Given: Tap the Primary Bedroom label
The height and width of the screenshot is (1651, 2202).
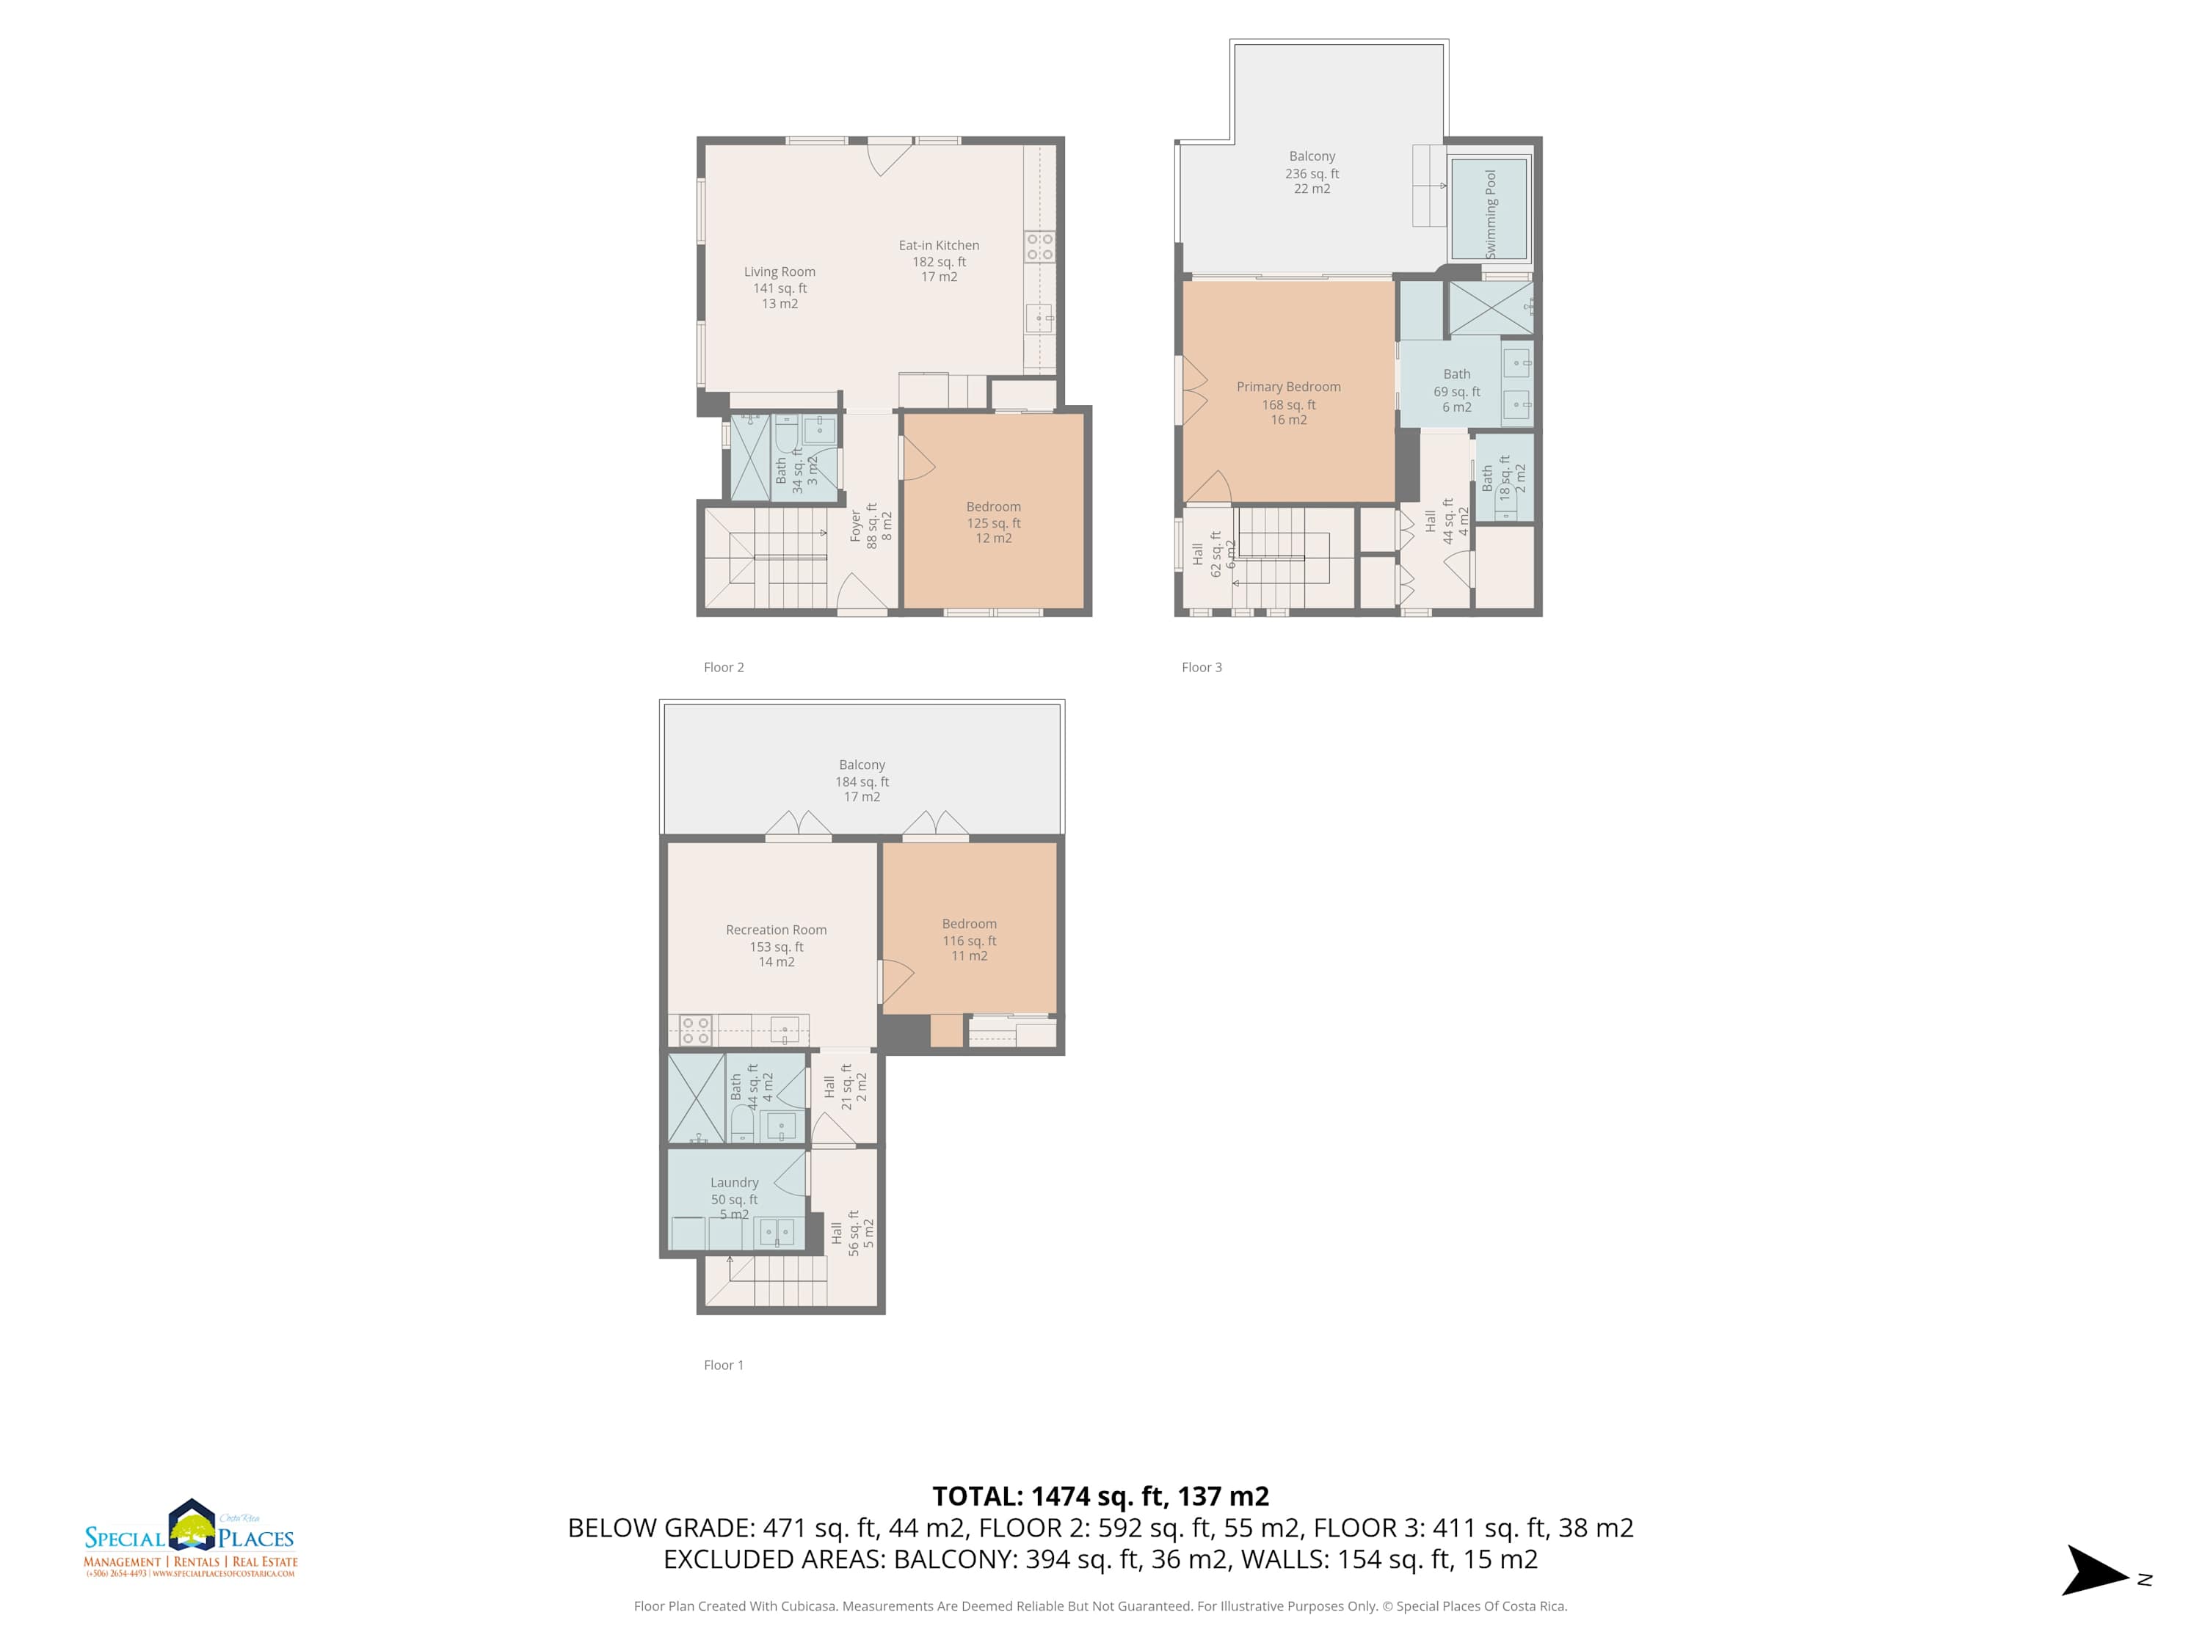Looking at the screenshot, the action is pyautogui.click(x=1288, y=387).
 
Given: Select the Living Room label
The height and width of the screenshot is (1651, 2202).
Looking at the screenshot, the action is pyautogui.click(x=780, y=271).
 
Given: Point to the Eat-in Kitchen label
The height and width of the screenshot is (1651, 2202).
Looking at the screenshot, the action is pyautogui.click(x=939, y=245).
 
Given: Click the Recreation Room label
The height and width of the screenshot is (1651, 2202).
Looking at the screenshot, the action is pyautogui.click(x=777, y=930).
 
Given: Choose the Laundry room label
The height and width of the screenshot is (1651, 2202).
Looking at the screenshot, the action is pyautogui.click(x=735, y=1182).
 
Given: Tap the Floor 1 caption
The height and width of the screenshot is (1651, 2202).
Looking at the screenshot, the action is pyautogui.click(x=724, y=1364).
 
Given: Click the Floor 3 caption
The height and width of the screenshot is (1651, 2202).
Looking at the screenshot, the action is pyautogui.click(x=1202, y=667).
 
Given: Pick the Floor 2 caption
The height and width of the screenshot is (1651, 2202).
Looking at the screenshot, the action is pyautogui.click(x=724, y=667).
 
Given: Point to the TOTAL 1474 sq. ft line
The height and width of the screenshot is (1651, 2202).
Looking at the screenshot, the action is pyautogui.click(x=1100, y=1495).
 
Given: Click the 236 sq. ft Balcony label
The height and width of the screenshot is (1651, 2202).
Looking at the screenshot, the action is pyautogui.click(x=1312, y=172).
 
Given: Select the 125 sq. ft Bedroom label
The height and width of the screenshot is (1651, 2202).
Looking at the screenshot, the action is pyautogui.click(x=994, y=522).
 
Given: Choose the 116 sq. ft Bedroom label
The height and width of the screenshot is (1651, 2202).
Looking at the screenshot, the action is pyautogui.click(x=970, y=939).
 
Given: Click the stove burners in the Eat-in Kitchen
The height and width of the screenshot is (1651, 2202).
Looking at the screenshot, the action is pyautogui.click(x=1039, y=247).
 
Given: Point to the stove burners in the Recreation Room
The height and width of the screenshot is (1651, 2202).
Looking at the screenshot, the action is pyautogui.click(x=695, y=1030).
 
